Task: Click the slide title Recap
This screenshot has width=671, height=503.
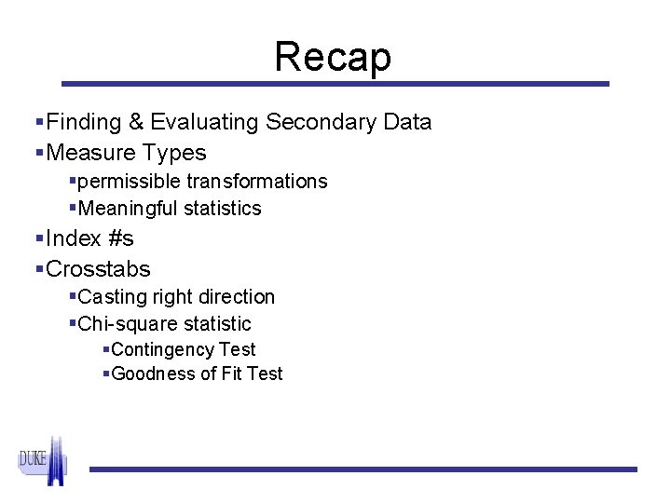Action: click(x=333, y=57)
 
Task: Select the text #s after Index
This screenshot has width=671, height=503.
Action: click(x=119, y=238)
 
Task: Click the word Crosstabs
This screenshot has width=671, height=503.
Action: click(x=98, y=269)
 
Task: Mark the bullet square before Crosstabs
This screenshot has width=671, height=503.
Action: click(x=39, y=270)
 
